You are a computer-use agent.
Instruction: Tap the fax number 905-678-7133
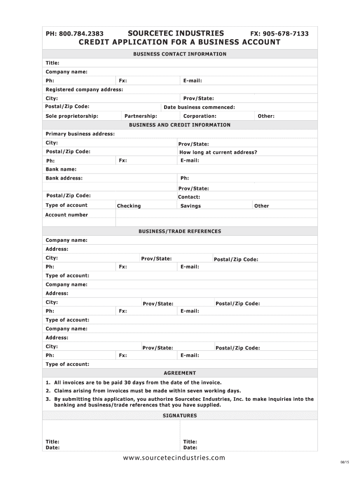pos(286,34)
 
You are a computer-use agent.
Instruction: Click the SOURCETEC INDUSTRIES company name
pos(175,33)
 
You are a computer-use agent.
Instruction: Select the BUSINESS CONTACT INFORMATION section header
pos(180,54)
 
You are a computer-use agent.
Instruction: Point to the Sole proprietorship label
pos(72,116)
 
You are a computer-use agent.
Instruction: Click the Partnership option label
pos(141,116)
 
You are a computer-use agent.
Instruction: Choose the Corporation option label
pos(200,116)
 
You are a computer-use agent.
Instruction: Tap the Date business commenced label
pos(199,107)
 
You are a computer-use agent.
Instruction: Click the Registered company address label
pos(84,89)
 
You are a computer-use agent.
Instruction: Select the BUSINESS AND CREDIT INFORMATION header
pos(180,125)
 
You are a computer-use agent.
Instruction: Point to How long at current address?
pos(218,152)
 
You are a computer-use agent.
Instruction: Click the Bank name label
pos(61,169)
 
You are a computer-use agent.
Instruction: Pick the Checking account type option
pos(129,206)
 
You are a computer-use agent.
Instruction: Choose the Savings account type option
pos(190,206)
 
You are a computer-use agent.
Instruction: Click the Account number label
pos(66,215)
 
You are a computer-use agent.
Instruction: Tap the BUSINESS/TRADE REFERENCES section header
pos(180,231)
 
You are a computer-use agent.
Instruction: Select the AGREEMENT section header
pos(180,373)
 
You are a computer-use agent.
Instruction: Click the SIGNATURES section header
pos(180,415)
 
